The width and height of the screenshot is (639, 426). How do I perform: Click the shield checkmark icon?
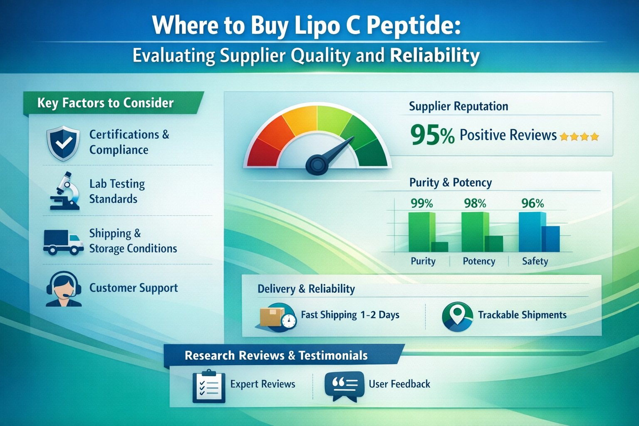pos(63,143)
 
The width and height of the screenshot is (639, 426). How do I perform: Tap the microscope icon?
pos(65,191)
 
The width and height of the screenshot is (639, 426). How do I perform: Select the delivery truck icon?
pos(63,242)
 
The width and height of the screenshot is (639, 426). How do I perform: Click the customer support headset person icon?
pos(63,289)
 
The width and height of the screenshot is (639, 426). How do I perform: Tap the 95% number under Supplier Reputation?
pos(432,135)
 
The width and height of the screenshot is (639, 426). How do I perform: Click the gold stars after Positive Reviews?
pos(579,136)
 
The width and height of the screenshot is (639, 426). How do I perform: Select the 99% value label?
pos(421,203)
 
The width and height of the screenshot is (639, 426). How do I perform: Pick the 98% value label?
pos(475,203)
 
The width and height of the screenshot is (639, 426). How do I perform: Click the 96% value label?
pos(532,203)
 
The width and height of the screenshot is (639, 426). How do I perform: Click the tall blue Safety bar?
pos(531,232)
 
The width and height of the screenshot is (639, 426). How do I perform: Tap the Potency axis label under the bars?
pos(479,261)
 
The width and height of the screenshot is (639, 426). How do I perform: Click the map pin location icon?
pos(457,317)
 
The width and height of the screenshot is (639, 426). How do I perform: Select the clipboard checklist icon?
pos(209,386)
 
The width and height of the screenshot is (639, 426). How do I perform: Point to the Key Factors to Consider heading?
pos(106,103)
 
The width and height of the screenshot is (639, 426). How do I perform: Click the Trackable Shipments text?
pos(522,315)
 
